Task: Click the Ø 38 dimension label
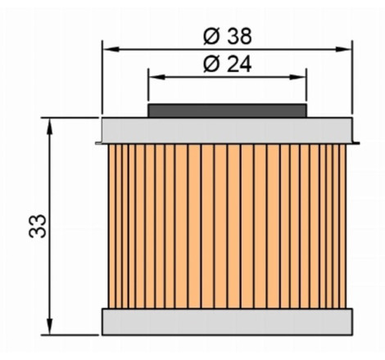pyautogui.click(x=227, y=36)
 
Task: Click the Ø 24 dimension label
pyautogui.click(x=227, y=65)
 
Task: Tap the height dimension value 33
pyautogui.click(x=38, y=226)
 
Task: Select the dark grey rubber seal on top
pyautogui.click(x=227, y=110)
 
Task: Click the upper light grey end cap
pyautogui.click(x=227, y=130)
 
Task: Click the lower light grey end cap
pyautogui.click(x=227, y=322)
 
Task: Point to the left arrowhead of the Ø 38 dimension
pyautogui.click(x=111, y=49)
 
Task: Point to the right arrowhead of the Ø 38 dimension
pyautogui.click(x=343, y=49)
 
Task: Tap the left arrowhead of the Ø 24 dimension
pyautogui.click(x=157, y=77)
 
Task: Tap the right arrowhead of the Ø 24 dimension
pyautogui.click(x=297, y=77)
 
